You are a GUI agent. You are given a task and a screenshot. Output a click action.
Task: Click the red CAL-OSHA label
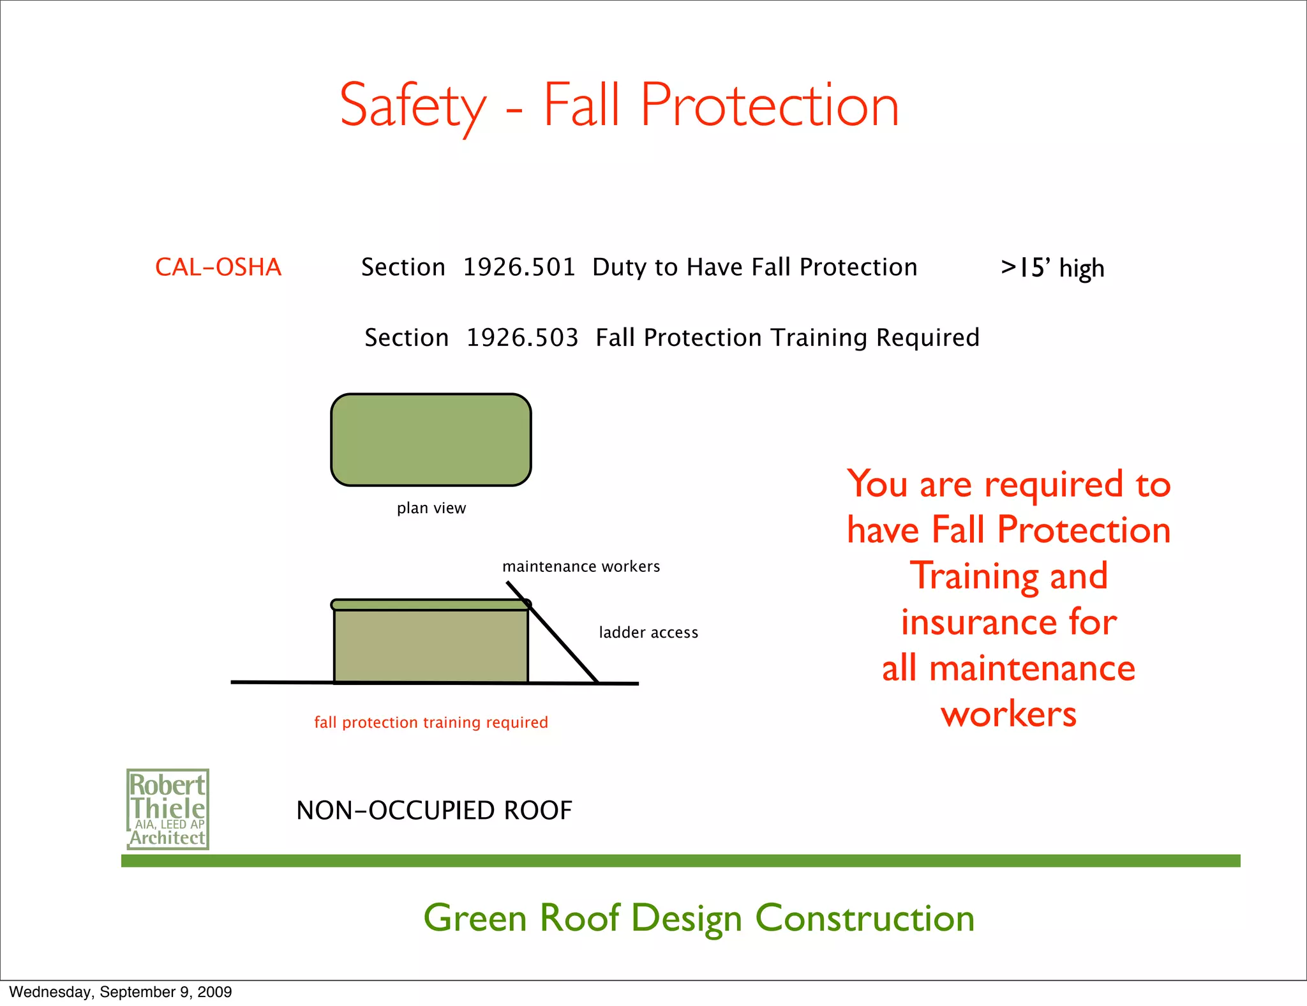tap(218, 267)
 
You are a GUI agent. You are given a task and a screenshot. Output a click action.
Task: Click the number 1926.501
tap(519, 267)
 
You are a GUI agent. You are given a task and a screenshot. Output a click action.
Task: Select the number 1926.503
tap(522, 337)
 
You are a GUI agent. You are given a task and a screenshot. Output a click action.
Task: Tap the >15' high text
tap(1052, 268)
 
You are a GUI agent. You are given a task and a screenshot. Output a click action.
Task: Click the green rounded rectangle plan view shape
tap(431, 440)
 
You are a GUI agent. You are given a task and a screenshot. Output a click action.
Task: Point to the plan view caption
tap(431, 508)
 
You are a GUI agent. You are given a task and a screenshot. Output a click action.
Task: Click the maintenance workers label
tap(581, 566)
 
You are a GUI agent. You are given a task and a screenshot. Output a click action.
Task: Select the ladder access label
tap(648, 633)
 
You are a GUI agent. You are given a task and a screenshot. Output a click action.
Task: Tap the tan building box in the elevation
tap(431, 646)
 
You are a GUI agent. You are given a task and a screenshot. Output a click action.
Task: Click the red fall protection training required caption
tap(431, 722)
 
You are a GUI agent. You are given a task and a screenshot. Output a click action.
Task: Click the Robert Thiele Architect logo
tap(168, 809)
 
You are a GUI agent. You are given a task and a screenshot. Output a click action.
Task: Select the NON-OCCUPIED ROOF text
tap(434, 811)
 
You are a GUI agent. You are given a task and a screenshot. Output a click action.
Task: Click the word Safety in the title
tap(413, 106)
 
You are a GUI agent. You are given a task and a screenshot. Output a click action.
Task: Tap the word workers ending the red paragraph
tap(1008, 714)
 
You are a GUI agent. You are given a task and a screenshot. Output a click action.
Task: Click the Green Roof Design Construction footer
tap(699, 918)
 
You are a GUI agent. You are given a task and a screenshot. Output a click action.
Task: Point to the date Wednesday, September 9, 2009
tap(121, 992)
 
